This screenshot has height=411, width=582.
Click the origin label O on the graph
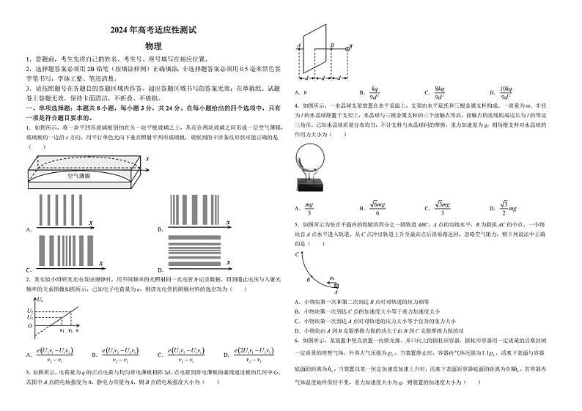point(31,326)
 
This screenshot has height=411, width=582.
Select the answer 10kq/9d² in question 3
point(505,92)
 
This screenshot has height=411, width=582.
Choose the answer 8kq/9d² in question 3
point(439,92)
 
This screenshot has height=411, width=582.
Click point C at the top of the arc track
point(298,253)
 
